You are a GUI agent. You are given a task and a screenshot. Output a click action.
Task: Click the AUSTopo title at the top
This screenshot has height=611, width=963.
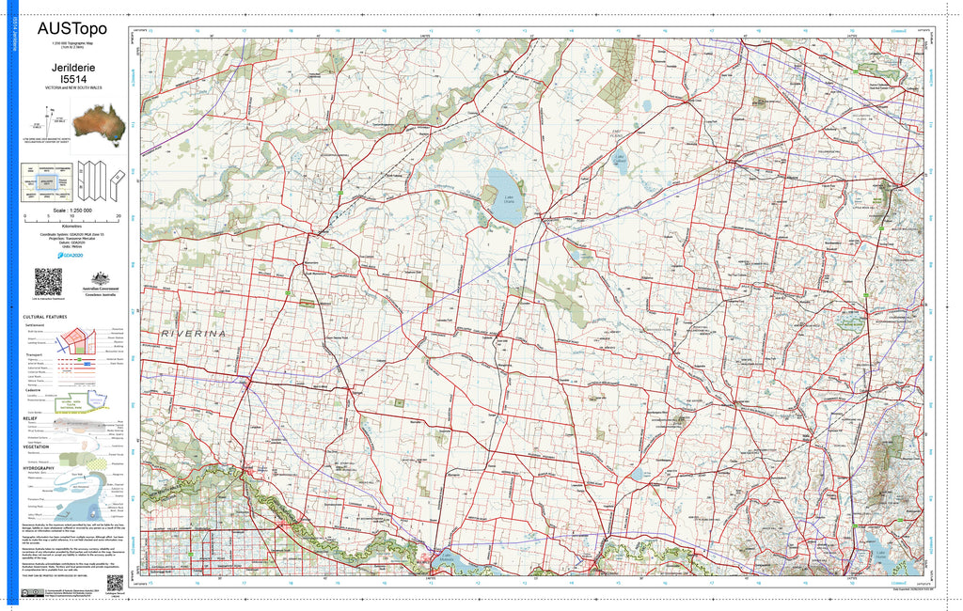point(71,28)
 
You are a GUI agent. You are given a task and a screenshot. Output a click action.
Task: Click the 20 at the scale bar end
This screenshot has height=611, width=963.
point(118,215)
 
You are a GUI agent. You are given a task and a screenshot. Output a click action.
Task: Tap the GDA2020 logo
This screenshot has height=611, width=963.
point(71,254)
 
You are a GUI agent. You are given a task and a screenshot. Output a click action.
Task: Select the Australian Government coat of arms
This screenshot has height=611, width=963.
point(97,279)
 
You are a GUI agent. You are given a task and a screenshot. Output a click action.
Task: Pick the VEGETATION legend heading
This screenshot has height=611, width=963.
point(37,446)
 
